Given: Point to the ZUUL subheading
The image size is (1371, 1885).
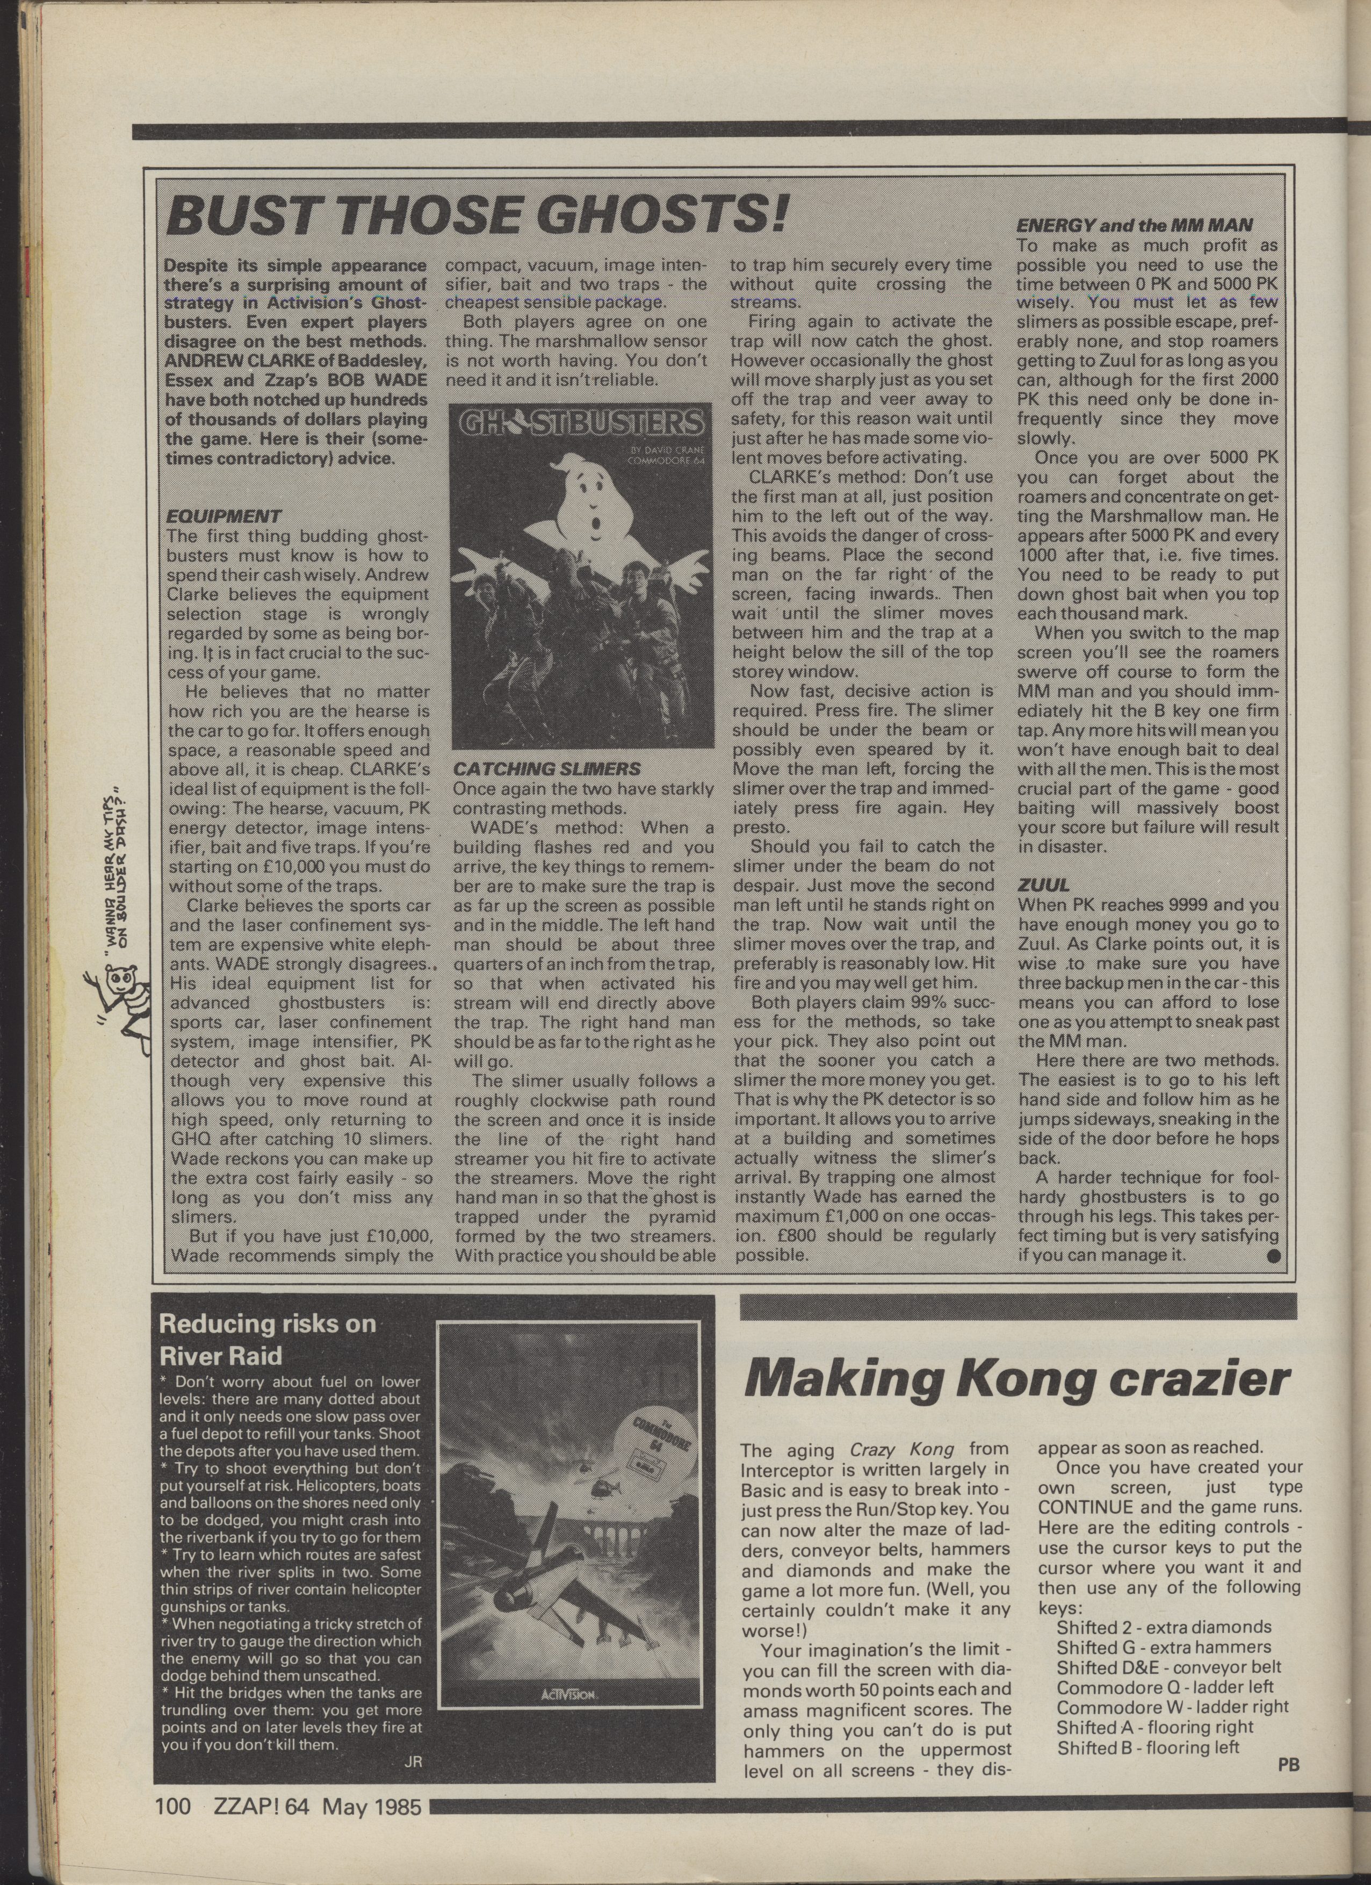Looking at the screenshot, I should point(1044,885).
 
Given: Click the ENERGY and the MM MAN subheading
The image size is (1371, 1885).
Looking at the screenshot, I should point(1134,225).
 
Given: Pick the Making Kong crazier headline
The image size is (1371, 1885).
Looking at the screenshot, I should point(1015,1380).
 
